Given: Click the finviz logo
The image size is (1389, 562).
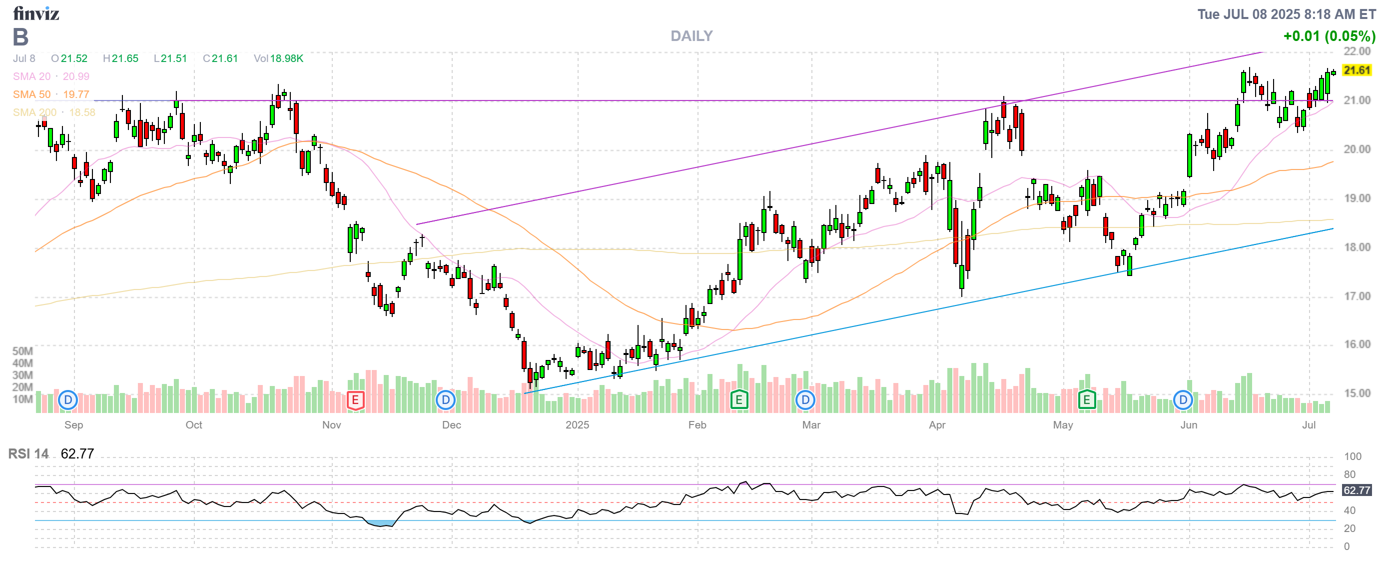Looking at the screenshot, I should [x=35, y=13].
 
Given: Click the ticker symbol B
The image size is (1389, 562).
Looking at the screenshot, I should [x=20, y=37].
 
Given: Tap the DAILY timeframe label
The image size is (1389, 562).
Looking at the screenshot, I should [x=692, y=36].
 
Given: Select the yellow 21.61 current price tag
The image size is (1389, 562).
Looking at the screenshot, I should [x=1357, y=70].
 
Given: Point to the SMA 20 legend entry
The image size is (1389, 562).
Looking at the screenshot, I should [x=50, y=76].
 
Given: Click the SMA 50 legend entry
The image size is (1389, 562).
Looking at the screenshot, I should [x=50, y=94].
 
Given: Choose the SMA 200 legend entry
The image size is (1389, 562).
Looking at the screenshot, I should [x=53, y=112].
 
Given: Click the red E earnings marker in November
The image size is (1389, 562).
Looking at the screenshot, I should [x=355, y=400].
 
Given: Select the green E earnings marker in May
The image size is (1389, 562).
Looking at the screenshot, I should [x=1087, y=400].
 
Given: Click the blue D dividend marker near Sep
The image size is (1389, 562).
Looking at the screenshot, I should [x=68, y=400].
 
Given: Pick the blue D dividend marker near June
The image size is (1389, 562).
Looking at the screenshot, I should [x=1183, y=400].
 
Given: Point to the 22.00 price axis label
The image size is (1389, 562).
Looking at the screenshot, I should [x=1357, y=51].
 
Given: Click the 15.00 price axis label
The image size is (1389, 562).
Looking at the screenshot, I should [x=1357, y=393].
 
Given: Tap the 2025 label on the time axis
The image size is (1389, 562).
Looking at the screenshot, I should [x=577, y=425].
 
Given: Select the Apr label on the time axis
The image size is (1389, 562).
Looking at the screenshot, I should [x=937, y=425].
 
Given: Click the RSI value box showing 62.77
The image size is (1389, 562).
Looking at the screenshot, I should [x=1357, y=490].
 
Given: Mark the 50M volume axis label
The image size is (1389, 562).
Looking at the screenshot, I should [x=22, y=351].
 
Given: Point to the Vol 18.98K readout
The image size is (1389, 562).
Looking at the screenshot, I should [x=278, y=58].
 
